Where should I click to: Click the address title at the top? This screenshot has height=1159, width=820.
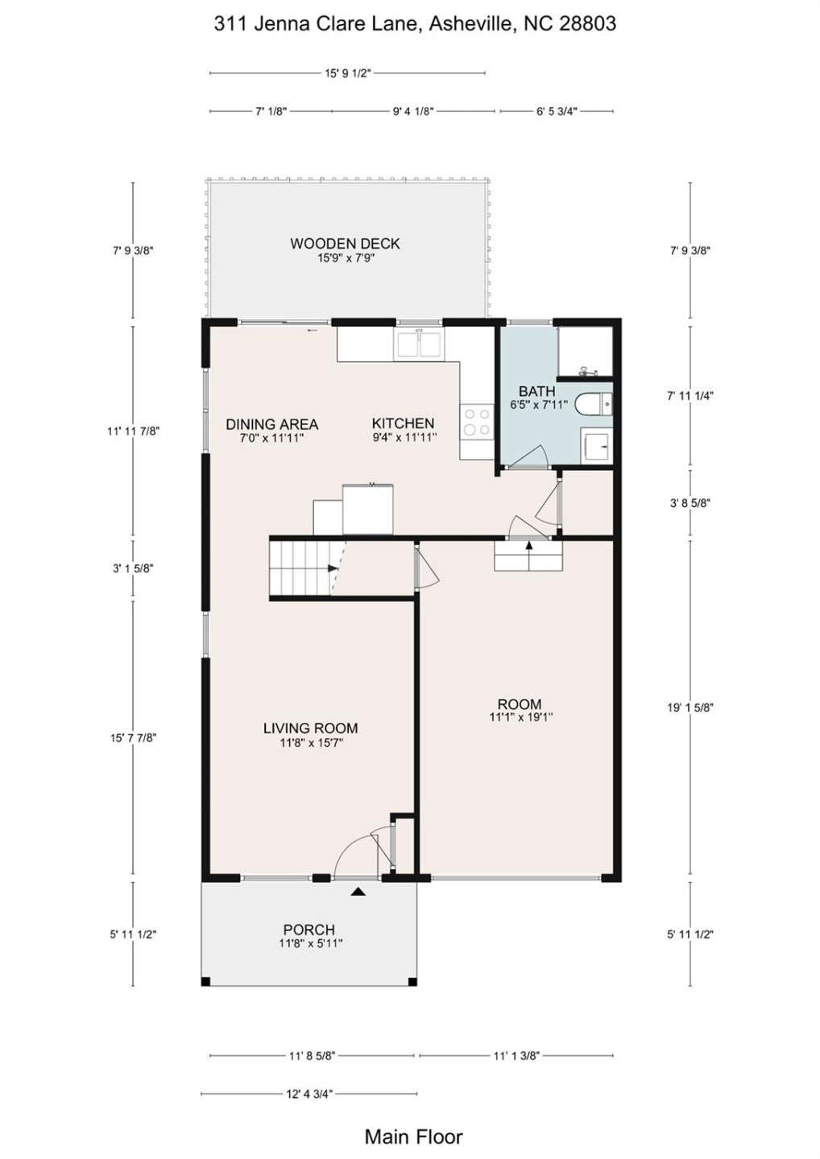tap(415, 24)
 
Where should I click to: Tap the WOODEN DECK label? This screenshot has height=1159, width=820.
tap(345, 243)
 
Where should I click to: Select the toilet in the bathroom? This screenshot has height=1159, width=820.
tap(596, 403)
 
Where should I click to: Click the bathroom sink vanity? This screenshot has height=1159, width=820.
tap(597, 445)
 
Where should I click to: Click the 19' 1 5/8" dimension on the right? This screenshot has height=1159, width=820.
tap(690, 707)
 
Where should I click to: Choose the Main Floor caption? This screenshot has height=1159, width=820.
tap(413, 1136)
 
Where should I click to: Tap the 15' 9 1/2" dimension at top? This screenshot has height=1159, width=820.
tap(348, 73)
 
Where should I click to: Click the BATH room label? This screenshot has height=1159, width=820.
tap(536, 390)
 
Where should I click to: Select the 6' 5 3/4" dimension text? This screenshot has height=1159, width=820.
tap(557, 111)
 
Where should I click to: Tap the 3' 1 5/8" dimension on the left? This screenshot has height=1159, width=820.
tap(133, 568)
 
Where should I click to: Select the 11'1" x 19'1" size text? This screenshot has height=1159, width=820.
tap(520, 717)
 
